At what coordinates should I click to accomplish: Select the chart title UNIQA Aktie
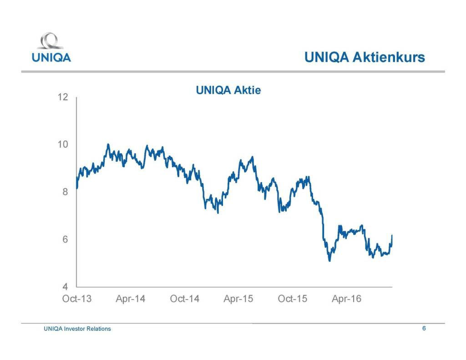coord(228,90)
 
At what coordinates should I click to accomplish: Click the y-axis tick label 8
coord(66,192)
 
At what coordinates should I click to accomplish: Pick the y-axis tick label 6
coord(66,239)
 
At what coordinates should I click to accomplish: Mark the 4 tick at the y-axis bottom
coord(66,287)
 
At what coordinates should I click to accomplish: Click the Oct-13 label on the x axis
coord(76,299)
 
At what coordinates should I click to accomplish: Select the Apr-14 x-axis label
coord(131,299)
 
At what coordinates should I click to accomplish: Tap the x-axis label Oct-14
coord(184,299)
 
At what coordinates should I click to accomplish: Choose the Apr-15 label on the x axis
coord(238,299)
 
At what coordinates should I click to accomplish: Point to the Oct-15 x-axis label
coord(292,299)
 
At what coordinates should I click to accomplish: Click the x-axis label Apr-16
coord(346,299)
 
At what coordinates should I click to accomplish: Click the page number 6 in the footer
coord(424,328)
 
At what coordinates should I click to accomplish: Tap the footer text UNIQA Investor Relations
coord(77,329)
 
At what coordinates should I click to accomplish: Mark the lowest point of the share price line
coord(329,261)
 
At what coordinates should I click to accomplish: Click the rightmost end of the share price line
coord(392,235)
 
